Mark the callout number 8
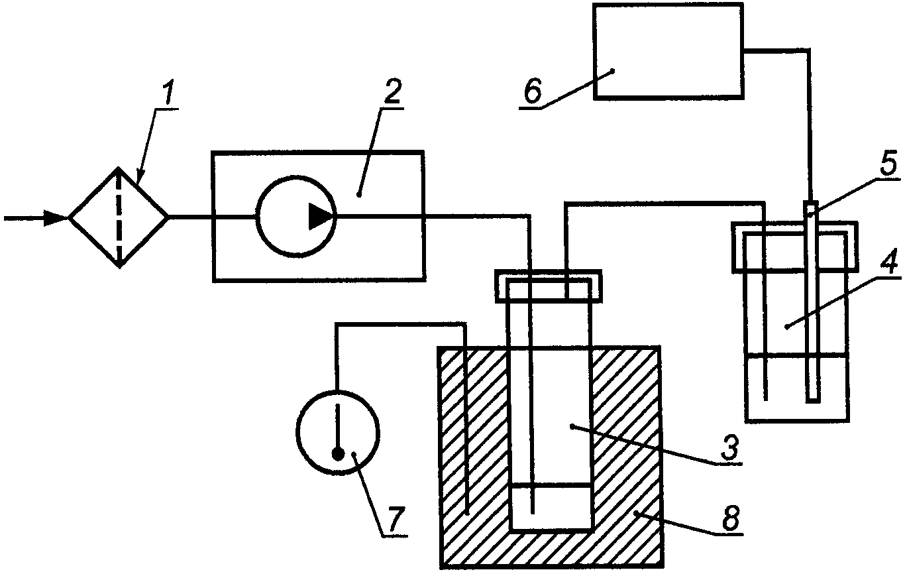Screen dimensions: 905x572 (x=731, y=519)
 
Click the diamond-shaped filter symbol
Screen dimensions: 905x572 (x=118, y=217)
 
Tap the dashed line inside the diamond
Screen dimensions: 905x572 (x=119, y=217)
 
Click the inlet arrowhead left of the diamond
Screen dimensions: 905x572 (x=56, y=218)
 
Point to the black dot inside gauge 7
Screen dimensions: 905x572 (x=338, y=455)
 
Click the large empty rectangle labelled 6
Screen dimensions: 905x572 (x=668, y=51)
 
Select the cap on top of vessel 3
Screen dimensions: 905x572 (x=549, y=286)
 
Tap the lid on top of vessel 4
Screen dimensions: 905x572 (x=795, y=247)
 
